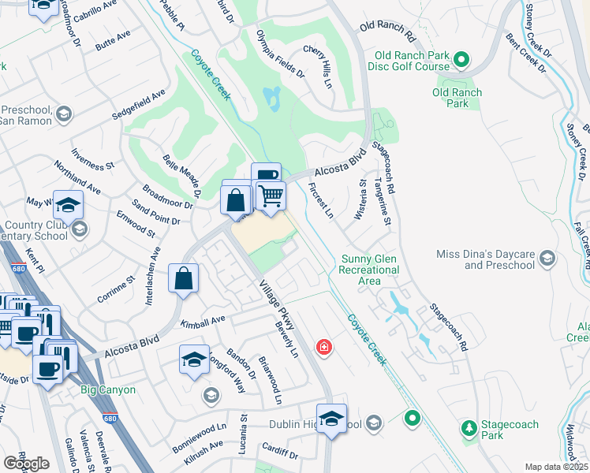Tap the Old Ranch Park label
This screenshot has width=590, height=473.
[457, 98]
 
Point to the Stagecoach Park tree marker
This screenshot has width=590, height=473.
[469, 428]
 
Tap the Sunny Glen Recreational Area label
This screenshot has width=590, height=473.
[370, 270]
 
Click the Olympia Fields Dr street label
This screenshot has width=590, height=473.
[280, 54]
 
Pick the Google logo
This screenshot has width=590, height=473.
[26, 463]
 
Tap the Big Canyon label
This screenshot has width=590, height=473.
[108, 389]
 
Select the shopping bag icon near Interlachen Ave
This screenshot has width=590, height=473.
[183, 278]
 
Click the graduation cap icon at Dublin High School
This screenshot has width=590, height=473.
[332, 418]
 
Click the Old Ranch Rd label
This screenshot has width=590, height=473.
[386, 32]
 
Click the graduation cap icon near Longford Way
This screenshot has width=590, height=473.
[194, 359]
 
